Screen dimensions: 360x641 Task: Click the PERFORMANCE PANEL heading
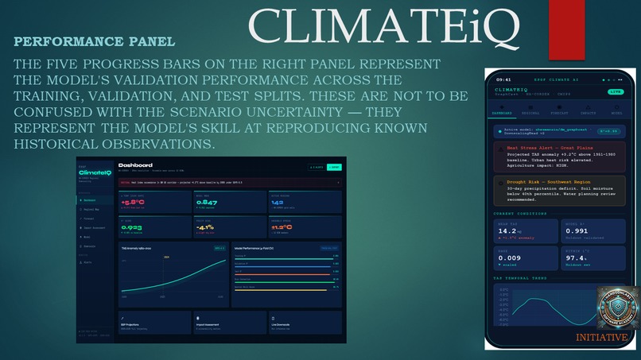(x=95, y=41)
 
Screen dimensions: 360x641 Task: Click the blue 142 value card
(x=278, y=202)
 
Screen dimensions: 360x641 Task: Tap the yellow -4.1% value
(x=204, y=226)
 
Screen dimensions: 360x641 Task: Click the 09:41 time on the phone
(x=503, y=79)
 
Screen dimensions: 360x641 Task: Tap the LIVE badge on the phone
(x=616, y=91)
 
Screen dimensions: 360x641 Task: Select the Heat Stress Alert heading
(x=548, y=148)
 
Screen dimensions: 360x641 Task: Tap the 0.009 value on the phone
(x=509, y=257)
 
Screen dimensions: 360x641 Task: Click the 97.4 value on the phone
(x=574, y=257)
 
